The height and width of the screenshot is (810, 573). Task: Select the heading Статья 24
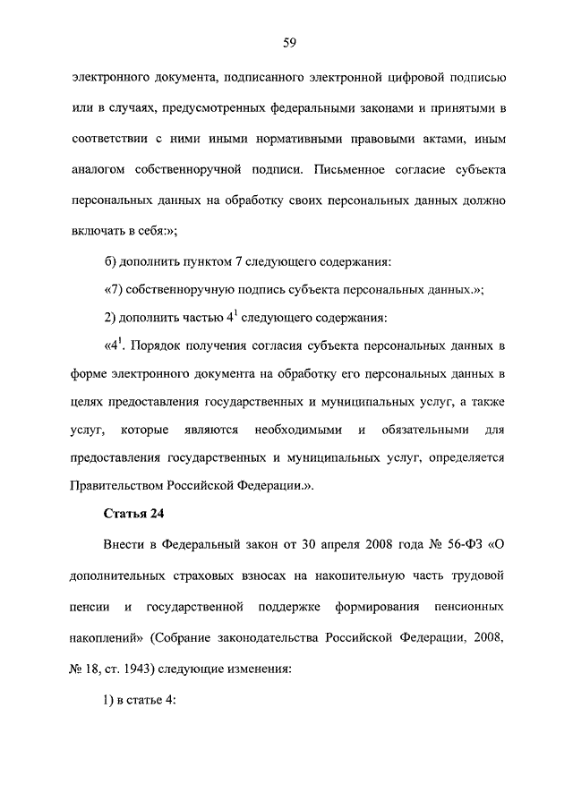point(132,514)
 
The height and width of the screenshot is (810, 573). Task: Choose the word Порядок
point(151,345)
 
